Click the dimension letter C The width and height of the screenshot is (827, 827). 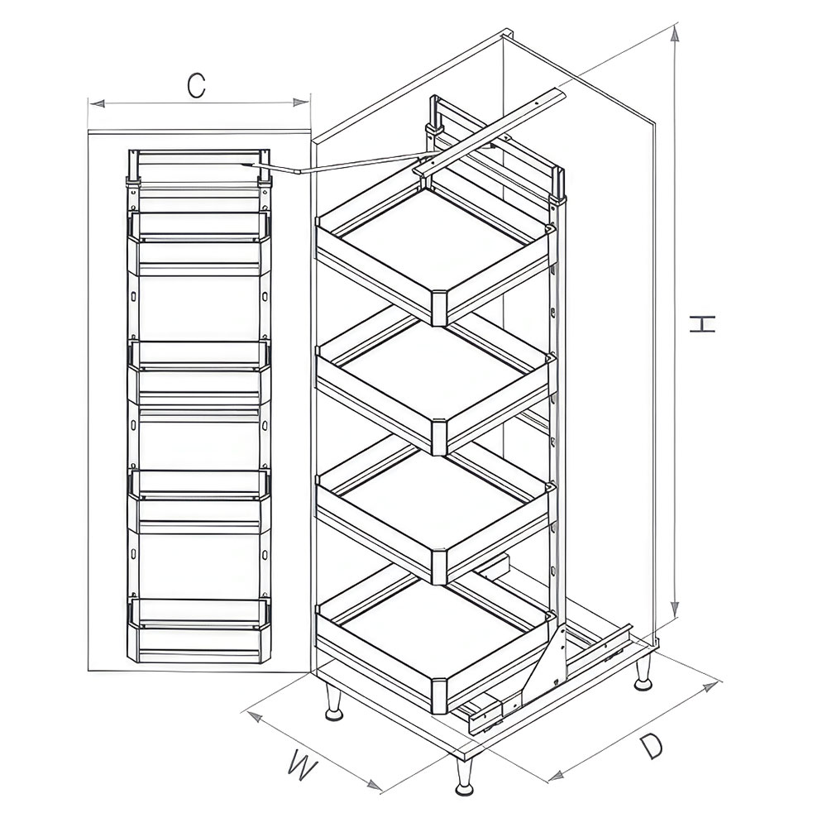(x=195, y=85)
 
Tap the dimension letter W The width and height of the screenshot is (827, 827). (x=303, y=767)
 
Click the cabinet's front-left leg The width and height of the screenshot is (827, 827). (x=334, y=702)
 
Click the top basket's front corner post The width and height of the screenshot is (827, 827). (x=439, y=307)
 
